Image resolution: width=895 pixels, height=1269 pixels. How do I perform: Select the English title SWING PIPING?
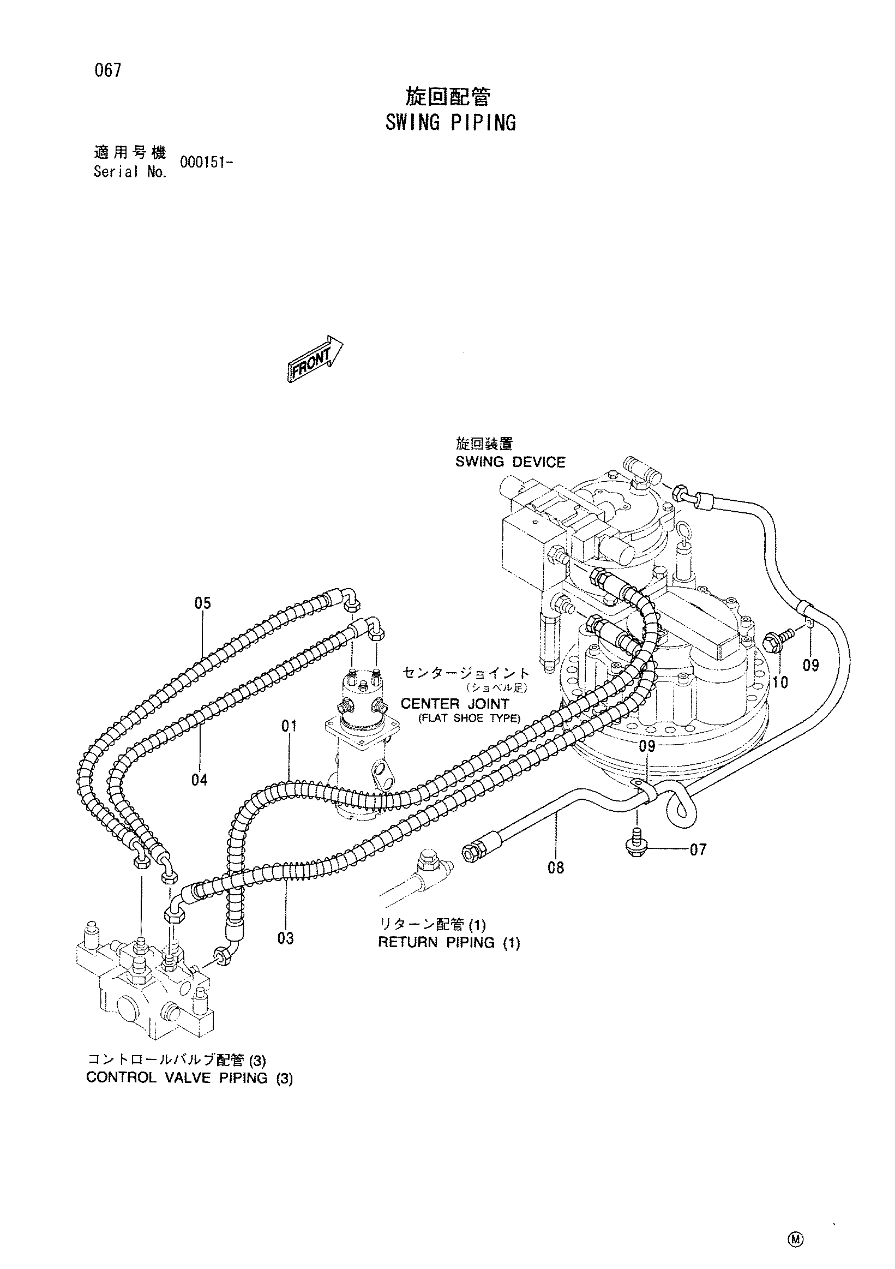tap(450, 123)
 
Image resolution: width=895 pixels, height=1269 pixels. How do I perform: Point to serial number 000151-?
tap(205, 162)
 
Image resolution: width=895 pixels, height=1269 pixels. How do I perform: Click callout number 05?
tap(203, 603)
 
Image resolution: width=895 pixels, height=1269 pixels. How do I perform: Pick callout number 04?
tap(200, 780)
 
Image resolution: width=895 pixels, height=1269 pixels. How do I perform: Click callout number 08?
tap(556, 869)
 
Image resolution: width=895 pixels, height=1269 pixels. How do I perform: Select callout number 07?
tap(698, 849)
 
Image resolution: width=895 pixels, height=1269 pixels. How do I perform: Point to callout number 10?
tap(780, 683)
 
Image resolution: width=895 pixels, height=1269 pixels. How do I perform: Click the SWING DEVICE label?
tap(510, 462)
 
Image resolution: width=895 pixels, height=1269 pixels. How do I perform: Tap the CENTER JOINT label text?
tap(455, 704)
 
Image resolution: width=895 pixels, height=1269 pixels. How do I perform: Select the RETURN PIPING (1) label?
tap(449, 943)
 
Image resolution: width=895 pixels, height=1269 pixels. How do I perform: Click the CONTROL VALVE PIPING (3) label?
tap(189, 1078)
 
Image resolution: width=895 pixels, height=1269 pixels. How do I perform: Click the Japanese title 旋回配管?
tap(447, 97)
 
